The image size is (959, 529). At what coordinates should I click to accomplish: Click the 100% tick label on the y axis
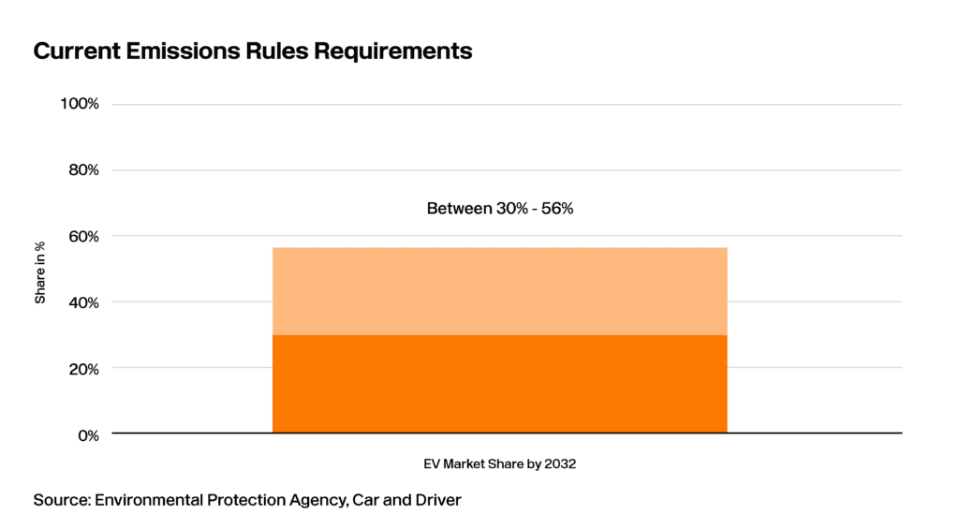coord(80,104)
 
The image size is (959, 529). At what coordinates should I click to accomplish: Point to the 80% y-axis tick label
coord(83,170)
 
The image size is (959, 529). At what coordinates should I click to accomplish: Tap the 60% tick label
coord(83,236)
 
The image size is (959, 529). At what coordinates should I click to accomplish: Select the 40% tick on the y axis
coord(83,302)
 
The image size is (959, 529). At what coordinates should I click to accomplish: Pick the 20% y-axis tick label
coord(83,369)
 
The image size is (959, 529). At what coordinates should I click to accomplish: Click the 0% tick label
coord(88,435)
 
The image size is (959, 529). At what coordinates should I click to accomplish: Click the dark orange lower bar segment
coord(500,384)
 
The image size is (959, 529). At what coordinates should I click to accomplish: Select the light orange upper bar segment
coord(500,291)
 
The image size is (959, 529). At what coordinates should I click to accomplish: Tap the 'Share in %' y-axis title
coord(40,272)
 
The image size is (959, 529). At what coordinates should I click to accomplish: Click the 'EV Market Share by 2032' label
coord(500,464)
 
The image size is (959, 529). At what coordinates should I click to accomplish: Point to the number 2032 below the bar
coord(560,464)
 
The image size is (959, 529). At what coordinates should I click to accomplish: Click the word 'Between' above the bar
coord(459,209)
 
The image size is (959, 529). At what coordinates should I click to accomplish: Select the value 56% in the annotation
coord(556,209)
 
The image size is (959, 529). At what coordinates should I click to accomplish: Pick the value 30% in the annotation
coord(512,209)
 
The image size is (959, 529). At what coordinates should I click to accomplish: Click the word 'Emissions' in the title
coord(184,51)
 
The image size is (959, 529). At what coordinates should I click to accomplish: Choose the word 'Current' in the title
coord(77,51)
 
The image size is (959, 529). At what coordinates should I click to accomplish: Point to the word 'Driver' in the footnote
coord(438,500)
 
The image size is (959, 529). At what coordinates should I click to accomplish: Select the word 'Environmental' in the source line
coord(149,500)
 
